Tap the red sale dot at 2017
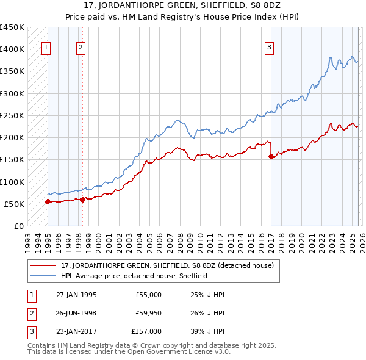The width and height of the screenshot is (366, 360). tap(270, 156)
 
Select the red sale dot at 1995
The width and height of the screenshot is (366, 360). tap(48, 201)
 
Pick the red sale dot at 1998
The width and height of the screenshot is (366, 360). tap(82, 199)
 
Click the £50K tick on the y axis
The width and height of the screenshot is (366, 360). tap(14, 204)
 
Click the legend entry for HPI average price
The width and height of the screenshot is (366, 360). tap(134, 276)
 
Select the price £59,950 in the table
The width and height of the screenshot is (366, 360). tap(148, 313)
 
